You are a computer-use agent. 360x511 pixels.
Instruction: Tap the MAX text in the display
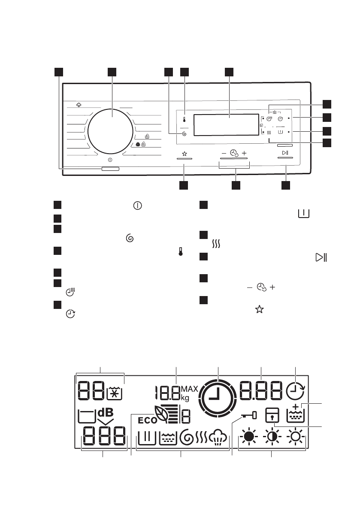(189, 389)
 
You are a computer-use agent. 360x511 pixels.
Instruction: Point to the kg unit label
(185, 398)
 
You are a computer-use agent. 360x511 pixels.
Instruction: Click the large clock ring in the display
(218, 398)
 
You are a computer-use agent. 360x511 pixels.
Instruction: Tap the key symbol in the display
(248, 415)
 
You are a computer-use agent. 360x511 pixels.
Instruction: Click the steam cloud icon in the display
(219, 438)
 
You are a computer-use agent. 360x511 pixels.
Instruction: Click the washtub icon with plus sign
(296, 414)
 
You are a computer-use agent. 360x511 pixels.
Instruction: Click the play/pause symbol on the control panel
(284, 153)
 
